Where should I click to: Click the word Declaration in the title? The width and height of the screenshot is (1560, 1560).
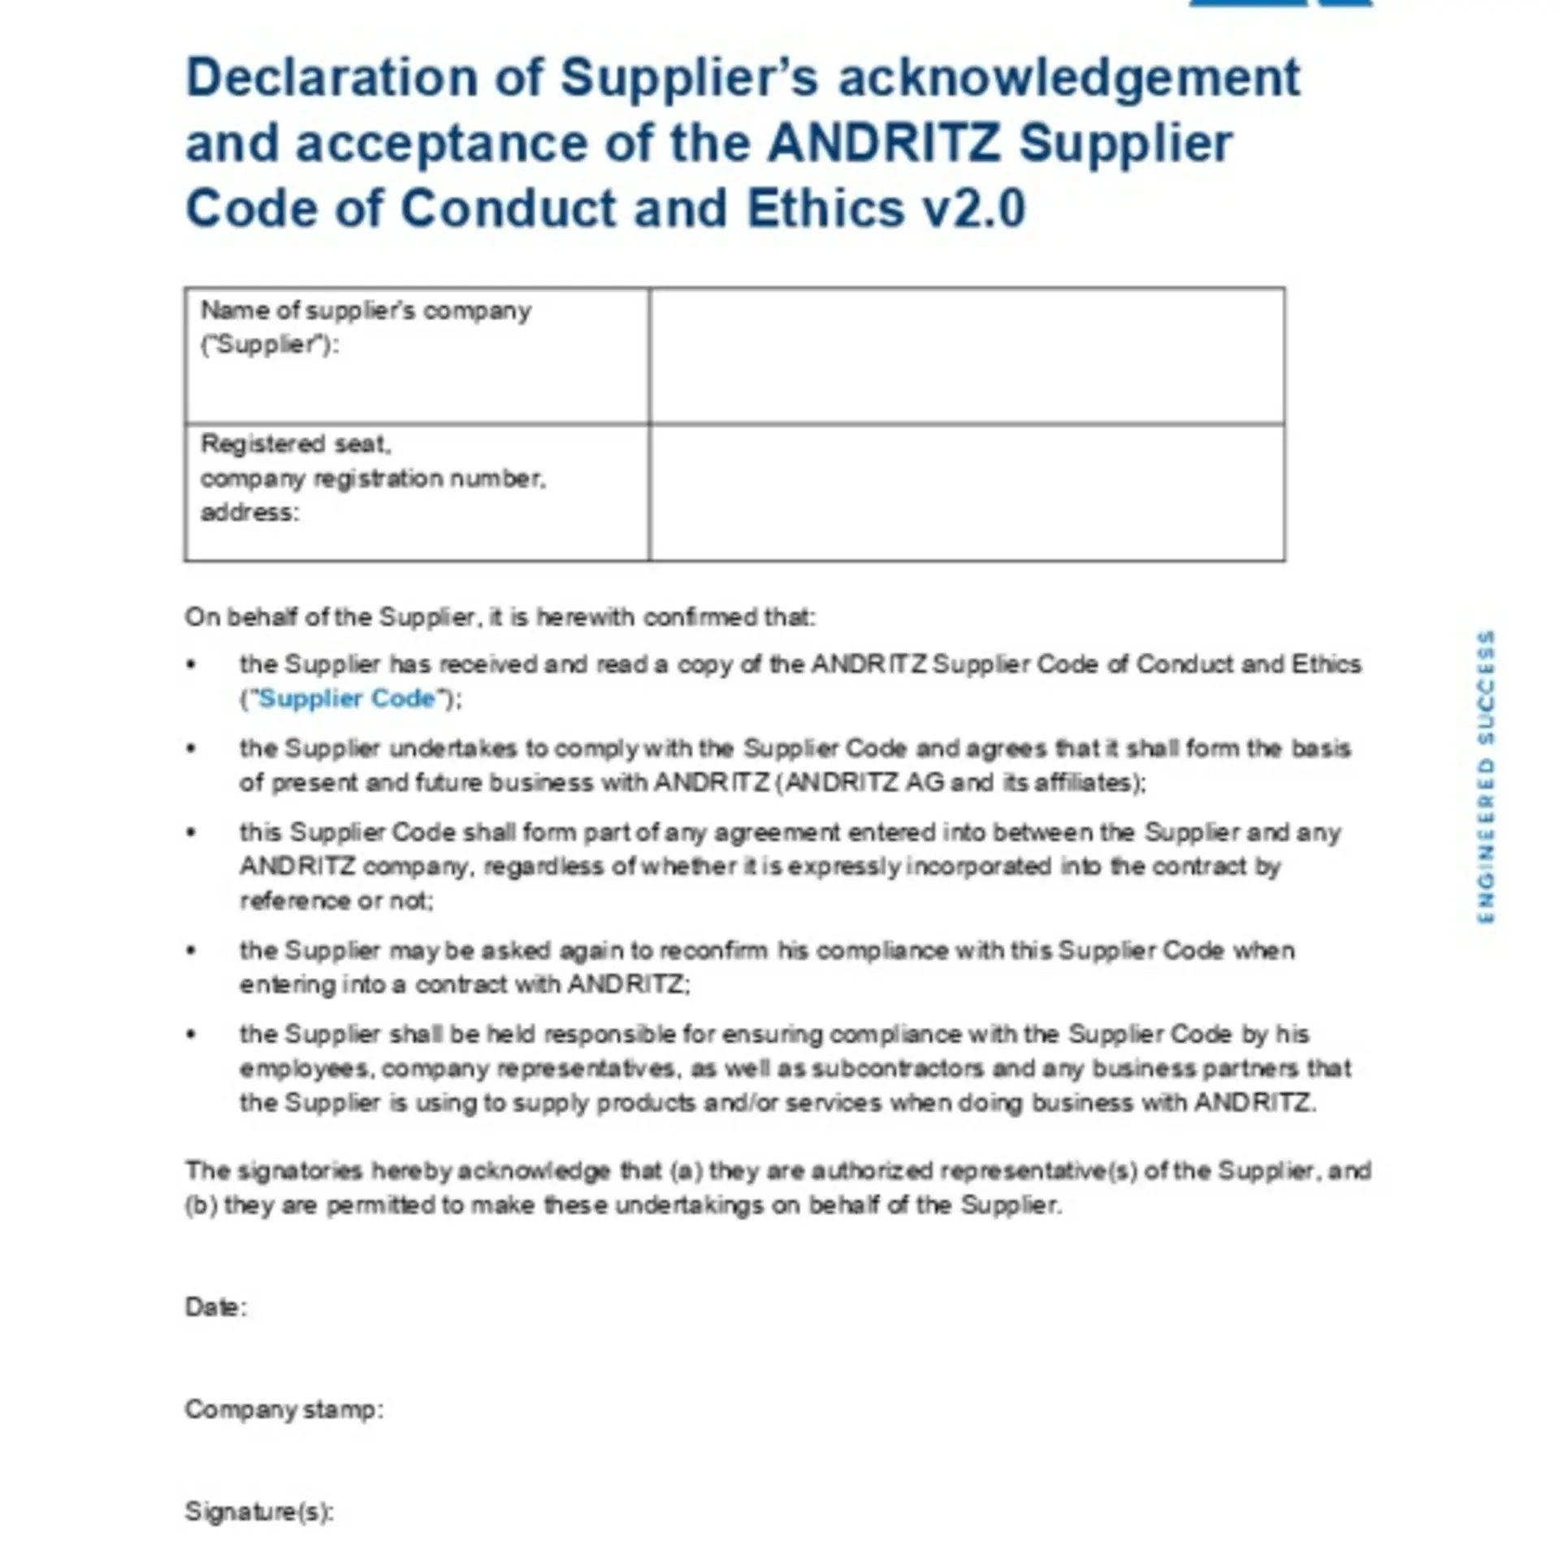[x=331, y=79]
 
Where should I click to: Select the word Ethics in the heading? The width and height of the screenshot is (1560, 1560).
[x=825, y=209]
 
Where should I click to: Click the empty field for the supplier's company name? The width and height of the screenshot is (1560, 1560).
[x=967, y=356]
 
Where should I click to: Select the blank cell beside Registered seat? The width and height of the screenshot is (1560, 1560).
[x=967, y=493]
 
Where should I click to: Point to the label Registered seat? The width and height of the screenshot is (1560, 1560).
[x=296, y=444]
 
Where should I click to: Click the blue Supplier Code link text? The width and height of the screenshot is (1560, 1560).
[x=347, y=699]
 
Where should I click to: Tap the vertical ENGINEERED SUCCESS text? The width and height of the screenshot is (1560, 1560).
[x=1485, y=777]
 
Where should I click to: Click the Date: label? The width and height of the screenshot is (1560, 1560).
[x=215, y=1307]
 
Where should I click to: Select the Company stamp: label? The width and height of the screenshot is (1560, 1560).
[x=284, y=1410]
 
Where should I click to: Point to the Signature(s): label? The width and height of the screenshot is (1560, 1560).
[x=259, y=1512]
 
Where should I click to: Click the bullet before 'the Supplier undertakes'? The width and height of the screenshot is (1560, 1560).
[x=192, y=748]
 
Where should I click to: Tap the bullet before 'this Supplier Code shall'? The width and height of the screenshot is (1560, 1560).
[x=192, y=833]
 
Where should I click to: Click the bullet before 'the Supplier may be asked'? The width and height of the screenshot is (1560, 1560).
[x=192, y=951]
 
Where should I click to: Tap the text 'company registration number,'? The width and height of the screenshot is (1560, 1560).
[x=373, y=479]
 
